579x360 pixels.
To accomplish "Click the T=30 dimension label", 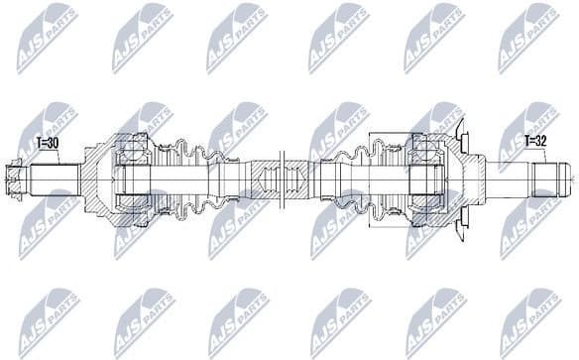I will click(x=48, y=143).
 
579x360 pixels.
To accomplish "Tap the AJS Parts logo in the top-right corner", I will click(x=529, y=39).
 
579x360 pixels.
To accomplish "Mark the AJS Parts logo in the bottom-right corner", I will click(x=529, y=322).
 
